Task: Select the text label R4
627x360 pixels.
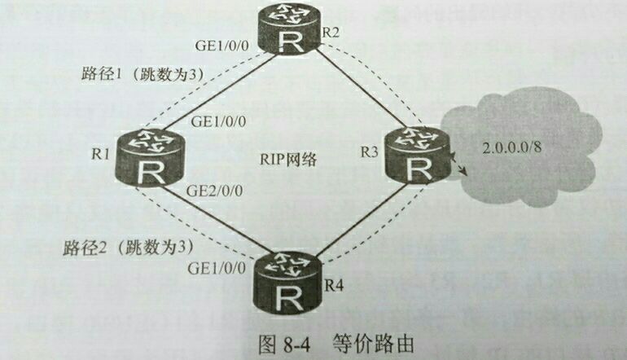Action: tap(334, 285)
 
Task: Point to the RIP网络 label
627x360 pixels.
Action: tap(289, 161)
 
